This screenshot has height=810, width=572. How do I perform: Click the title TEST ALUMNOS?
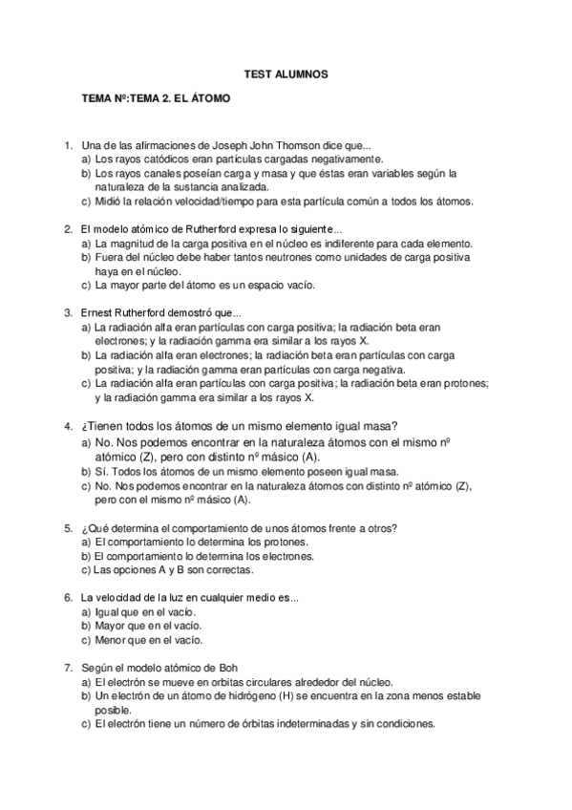click(286, 73)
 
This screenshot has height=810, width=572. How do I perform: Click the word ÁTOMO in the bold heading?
click(207, 97)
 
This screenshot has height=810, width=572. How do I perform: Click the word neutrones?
click(270, 259)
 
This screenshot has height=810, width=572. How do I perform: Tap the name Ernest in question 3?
click(99, 313)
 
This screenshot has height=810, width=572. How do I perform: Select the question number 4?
click(68, 427)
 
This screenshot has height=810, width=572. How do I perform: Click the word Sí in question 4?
click(101, 472)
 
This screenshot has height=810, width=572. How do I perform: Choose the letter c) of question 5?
click(86, 570)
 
